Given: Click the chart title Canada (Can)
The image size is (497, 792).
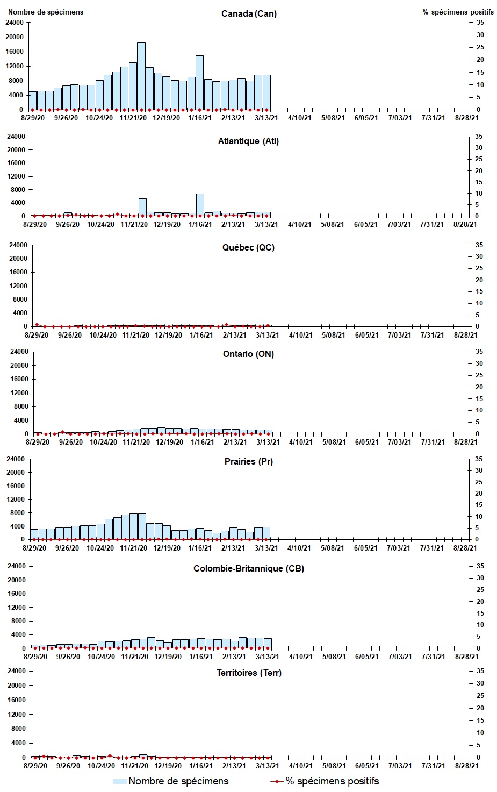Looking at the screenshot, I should click(x=249, y=13).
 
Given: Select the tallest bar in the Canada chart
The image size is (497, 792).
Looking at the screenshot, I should click(x=141, y=76).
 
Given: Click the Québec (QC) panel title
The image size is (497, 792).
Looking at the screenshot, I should click(x=248, y=247).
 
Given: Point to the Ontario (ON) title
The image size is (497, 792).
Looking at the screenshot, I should click(x=248, y=354).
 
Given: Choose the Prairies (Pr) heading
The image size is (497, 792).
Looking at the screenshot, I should click(x=248, y=461).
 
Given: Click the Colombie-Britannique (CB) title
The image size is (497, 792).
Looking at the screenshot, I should click(x=248, y=568).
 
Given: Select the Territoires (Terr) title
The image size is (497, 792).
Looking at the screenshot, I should click(x=248, y=673).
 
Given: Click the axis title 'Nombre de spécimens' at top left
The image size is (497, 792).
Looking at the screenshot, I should click(x=46, y=12).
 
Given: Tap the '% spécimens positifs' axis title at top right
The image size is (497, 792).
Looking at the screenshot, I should click(x=458, y=12).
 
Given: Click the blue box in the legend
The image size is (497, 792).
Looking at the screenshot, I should click(x=120, y=781).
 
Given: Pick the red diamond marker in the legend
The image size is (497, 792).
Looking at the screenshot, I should click(x=277, y=781).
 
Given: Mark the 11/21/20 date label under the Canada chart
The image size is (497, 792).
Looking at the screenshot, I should click(x=133, y=118).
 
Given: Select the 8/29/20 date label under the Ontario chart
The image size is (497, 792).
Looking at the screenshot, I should click(x=37, y=442).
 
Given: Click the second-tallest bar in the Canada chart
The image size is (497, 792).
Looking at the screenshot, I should click(x=199, y=82).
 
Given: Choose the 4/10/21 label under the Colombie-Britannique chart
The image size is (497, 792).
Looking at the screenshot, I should click(x=300, y=657).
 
